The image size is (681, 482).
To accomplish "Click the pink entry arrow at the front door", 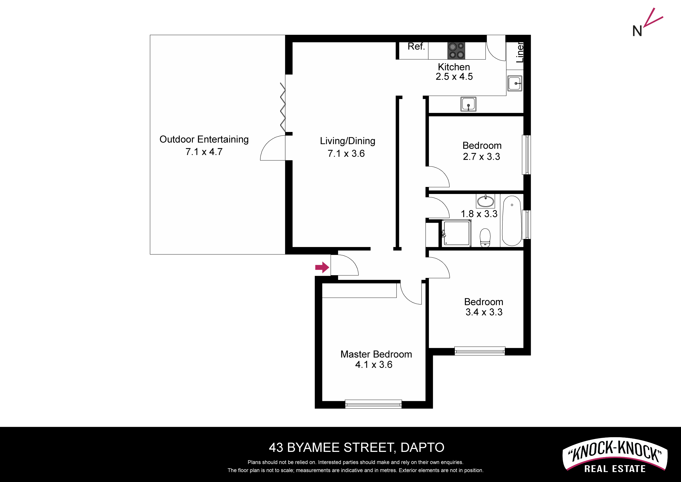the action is click(322, 267).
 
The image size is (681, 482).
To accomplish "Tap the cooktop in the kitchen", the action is click(456, 51).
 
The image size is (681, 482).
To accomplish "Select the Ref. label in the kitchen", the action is click(416, 46).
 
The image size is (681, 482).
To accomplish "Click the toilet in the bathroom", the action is click(485, 238).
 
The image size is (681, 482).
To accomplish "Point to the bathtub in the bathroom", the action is click(512, 221).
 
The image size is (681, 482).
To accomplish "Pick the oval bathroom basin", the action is click(486, 201).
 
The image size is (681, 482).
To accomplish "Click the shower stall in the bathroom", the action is click(456, 233).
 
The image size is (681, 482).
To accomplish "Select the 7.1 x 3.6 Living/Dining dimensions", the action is click(346, 154).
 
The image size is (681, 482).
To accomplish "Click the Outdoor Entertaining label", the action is click(204, 139).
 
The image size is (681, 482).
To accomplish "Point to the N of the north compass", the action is click(637, 31).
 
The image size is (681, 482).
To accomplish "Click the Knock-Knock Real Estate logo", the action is click(615, 455).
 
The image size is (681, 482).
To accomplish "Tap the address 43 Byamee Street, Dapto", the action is click(357, 447).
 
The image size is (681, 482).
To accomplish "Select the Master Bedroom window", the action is click(374, 404).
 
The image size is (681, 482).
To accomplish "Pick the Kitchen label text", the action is click(454, 67).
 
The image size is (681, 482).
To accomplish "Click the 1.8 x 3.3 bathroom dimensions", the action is click(479, 214).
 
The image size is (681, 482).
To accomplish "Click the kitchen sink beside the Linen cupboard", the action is click(515, 83).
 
